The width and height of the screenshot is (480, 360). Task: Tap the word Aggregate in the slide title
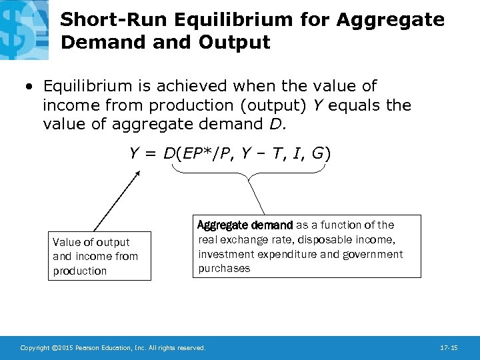390,20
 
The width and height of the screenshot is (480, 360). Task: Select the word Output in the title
238,43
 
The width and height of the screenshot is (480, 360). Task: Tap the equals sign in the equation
150,154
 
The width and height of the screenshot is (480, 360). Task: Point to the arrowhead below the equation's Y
138,173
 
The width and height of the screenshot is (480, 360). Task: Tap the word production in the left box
79,271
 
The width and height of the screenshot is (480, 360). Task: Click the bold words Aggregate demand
245,225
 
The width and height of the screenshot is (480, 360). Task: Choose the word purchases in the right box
224,269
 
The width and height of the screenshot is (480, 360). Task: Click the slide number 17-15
449,347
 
